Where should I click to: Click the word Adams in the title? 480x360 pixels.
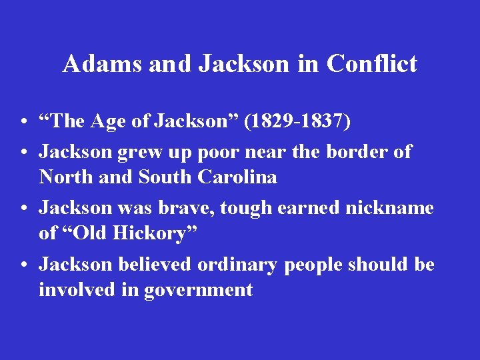point(103,64)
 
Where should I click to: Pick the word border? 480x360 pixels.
point(358,151)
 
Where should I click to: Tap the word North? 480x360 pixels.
point(64,178)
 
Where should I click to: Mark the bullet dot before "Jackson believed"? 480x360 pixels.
point(23,265)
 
